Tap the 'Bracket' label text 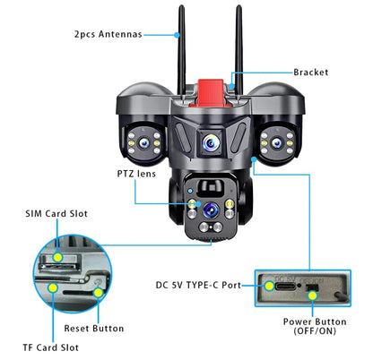310,72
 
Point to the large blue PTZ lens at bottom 211,210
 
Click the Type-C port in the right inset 274,288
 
